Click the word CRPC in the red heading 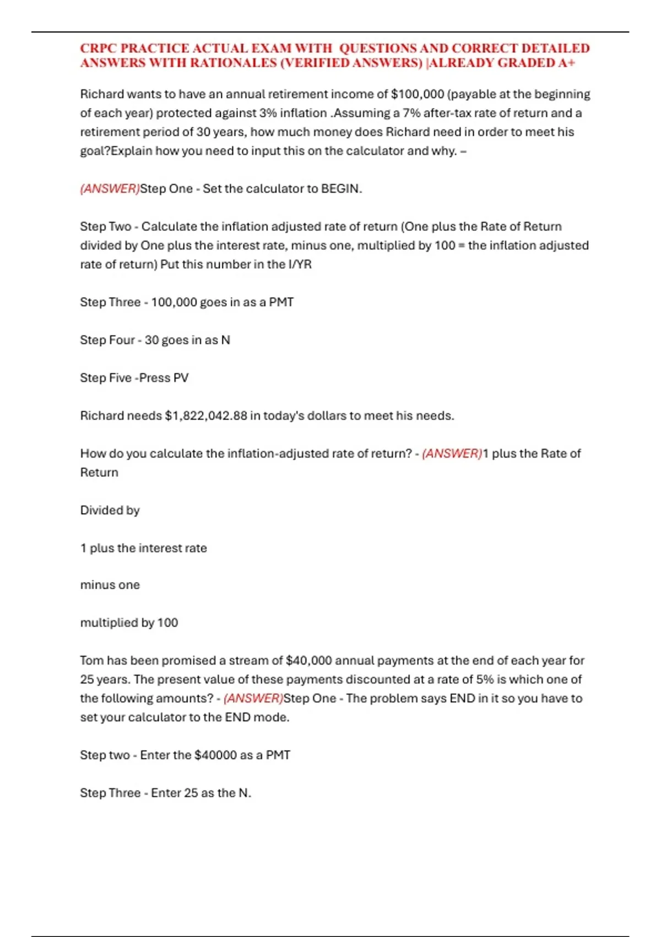pyautogui.click(x=98, y=49)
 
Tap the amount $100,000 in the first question pyautogui.click(x=417, y=94)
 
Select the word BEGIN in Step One pyautogui.click(x=339, y=189)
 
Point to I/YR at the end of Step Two pyautogui.click(x=300, y=265)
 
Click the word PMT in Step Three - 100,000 pyautogui.click(x=281, y=302)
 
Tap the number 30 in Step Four pyautogui.click(x=151, y=340)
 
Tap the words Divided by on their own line pyautogui.click(x=110, y=510)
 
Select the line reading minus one pyautogui.click(x=110, y=585)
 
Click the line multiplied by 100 pyautogui.click(x=129, y=623)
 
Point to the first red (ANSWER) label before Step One pyautogui.click(x=110, y=189)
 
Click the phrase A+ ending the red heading pyautogui.click(x=567, y=63)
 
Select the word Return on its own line pyautogui.click(x=99, y=472)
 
